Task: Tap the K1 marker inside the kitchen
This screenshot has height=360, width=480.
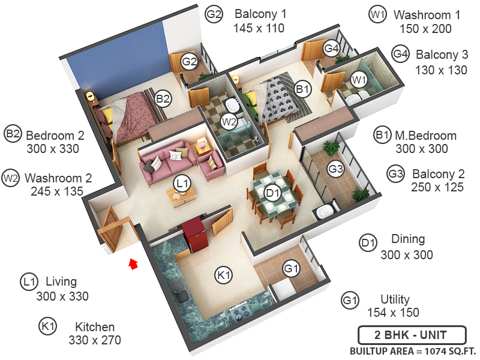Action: [223, 275]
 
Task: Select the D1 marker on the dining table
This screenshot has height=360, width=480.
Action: [273, 193]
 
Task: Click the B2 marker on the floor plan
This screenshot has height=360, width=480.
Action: [163, 97]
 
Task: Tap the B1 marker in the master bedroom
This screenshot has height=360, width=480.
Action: [303, 89]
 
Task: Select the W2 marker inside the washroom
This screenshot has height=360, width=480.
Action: [229, 122]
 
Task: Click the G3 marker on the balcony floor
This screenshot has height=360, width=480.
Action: [335, 169]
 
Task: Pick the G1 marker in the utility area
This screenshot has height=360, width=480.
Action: [291, 268]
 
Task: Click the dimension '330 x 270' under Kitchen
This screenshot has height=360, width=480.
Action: [95, 340]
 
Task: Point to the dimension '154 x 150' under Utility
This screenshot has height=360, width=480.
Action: [393, 313]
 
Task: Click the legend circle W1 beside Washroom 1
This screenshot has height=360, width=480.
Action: [377, 15]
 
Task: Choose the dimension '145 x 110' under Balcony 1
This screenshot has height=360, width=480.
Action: [259, 28]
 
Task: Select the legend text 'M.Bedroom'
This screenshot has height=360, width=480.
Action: [425, 135]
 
